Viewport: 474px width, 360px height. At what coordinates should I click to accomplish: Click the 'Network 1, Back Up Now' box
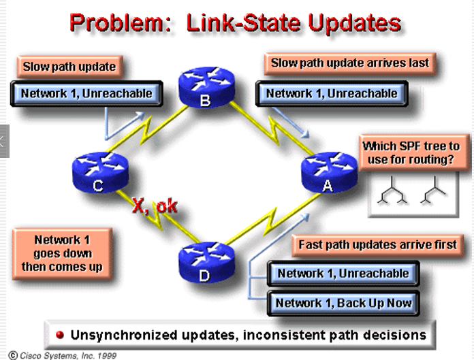pyautogui.click(x=344, y=303)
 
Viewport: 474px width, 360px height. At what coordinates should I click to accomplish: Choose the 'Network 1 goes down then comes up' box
pyautogui.click(x=62, y=253)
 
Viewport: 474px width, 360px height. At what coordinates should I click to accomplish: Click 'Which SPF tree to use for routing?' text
pyautogui.click(x=411, y=152)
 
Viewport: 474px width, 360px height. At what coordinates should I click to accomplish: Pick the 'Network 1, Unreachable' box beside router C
pyautogui.click(x=86, y=93)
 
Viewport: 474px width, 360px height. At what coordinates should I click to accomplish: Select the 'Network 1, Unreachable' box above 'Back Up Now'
pyautogui.click(x=343, y=274)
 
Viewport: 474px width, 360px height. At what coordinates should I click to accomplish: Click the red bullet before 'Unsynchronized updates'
pyautogui.click(x=60, y=336)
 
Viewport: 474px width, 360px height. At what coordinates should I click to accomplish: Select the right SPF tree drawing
pyautogui.click(x=434, y=194)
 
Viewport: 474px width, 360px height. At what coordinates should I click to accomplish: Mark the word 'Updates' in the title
pyautogui.click(x=353, y=22)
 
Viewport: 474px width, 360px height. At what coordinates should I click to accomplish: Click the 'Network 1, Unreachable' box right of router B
pyautogui.click(x=331, y=93)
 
